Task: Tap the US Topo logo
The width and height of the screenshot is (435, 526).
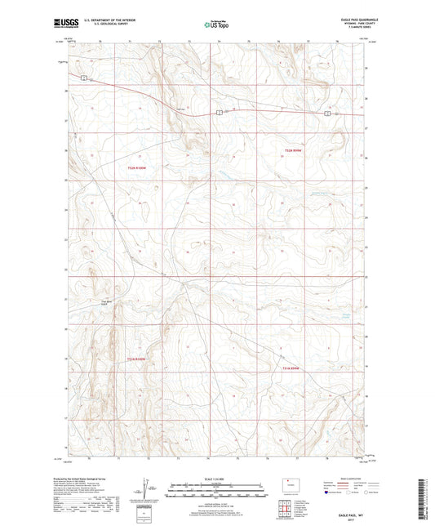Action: (215, 25)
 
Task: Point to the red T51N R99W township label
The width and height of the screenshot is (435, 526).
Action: (293, 368)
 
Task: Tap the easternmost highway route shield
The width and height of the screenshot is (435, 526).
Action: (327, 114)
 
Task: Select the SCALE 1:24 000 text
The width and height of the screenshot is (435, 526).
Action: (217, 479)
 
